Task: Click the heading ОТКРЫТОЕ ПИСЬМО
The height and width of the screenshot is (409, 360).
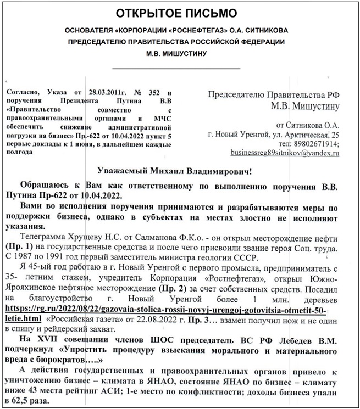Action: (x=180, y=13)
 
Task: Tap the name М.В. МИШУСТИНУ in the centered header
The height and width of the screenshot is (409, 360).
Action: (x=180, y=54)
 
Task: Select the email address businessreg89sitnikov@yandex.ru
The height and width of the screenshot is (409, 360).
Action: (x=285, y=153)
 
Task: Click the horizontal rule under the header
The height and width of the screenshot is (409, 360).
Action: (x=180, y=68)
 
